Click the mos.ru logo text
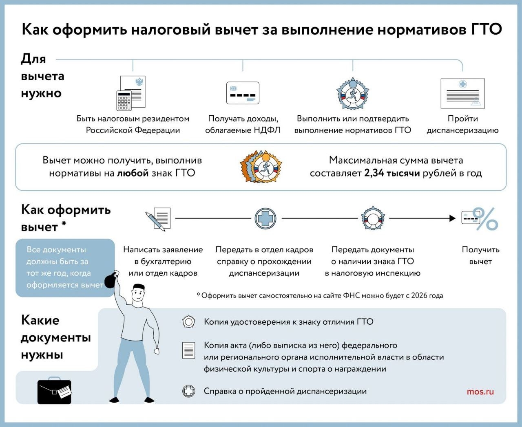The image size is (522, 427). coord(480,392)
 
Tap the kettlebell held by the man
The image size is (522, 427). coord(111,280)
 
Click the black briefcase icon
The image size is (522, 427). coord(54,392)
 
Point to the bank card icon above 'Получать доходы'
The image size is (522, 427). coord(243,93)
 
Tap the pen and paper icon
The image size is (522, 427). coord(158,219)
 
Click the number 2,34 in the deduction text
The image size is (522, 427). coord(374,173)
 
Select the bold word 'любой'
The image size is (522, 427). coord(133,173)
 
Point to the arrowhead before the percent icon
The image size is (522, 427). coord(452,218)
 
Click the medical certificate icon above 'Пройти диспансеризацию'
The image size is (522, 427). coord(463,93)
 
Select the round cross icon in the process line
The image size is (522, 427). coord(265,218)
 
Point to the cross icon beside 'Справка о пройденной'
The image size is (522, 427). coord(188,392)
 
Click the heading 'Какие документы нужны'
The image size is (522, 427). coord(55,337)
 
